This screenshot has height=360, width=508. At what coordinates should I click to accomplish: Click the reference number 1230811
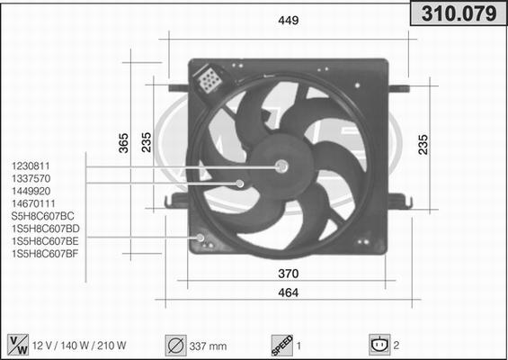click(31, 166)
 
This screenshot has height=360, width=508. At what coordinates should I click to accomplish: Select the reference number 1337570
click(31, 179)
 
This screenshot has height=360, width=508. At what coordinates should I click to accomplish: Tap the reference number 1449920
click(31, 192)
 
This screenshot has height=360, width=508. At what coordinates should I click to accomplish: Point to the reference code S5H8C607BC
click(41, 217)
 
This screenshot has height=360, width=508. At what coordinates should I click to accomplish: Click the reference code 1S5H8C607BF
click(45, 255)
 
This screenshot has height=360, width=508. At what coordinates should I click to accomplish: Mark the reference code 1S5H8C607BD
click(45, 229)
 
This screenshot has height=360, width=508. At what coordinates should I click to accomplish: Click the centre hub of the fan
click(281, 166)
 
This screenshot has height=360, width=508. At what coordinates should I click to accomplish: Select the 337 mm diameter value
click(209, 345)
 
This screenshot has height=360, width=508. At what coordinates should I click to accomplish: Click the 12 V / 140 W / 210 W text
click(80, 345)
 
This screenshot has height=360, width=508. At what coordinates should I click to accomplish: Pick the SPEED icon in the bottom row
click(282, 344)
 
